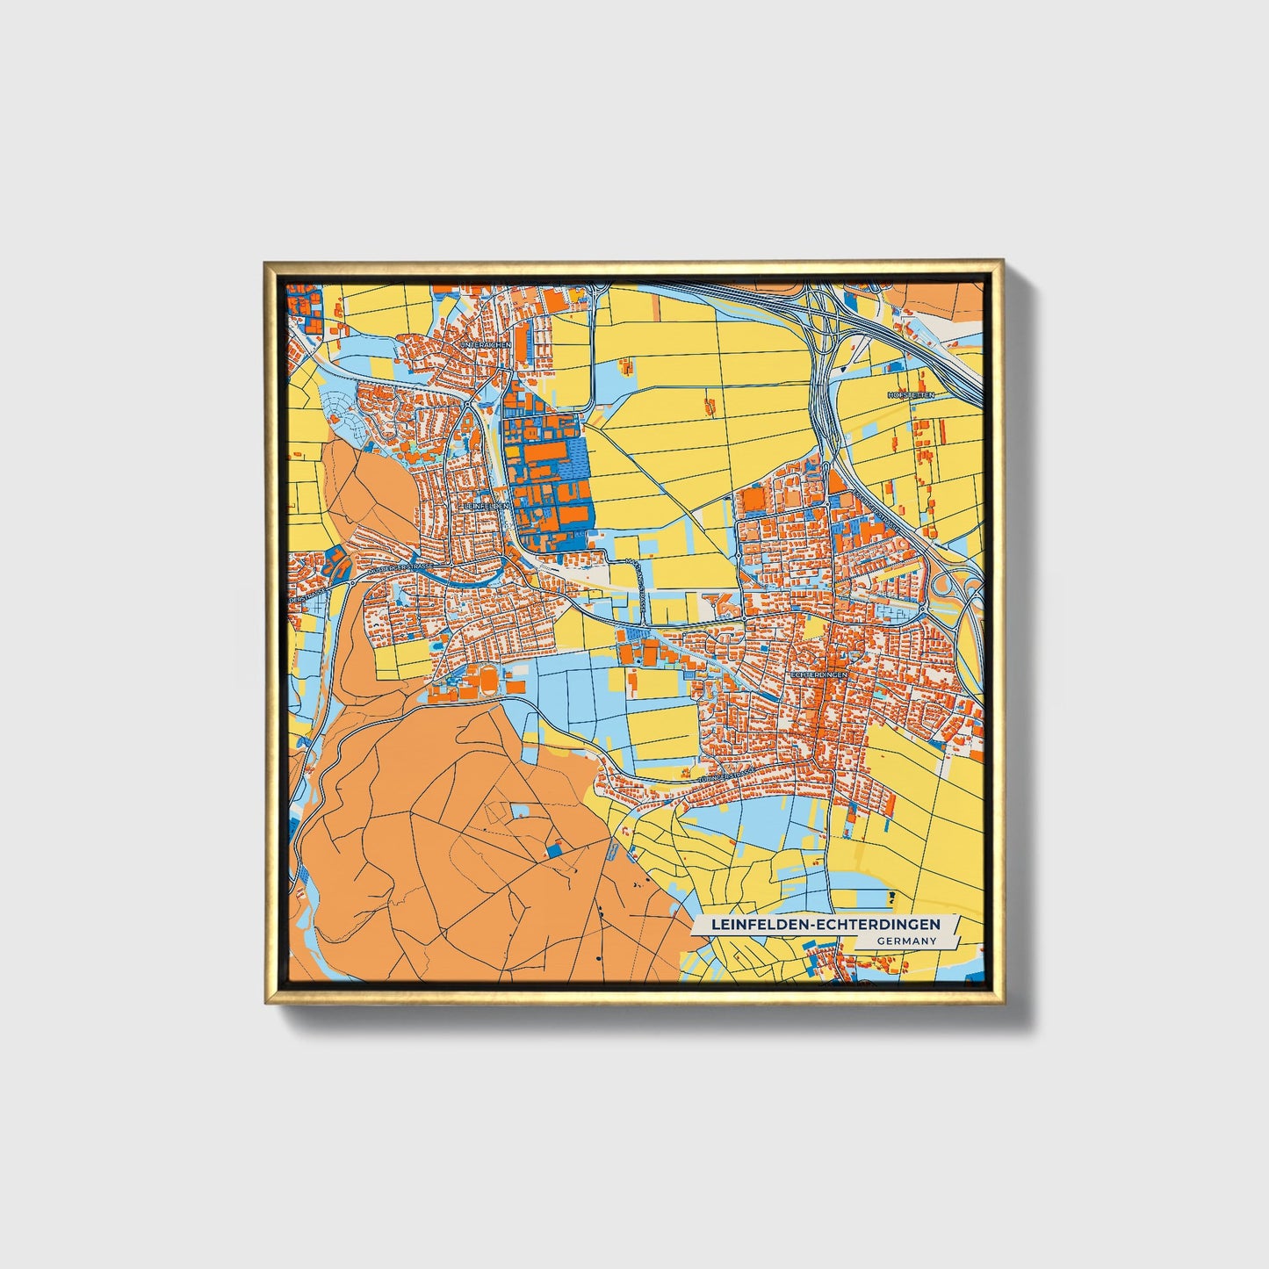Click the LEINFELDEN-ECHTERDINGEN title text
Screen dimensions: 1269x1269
tap(825, 925)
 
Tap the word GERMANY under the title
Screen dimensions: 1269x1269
tap(905, 941)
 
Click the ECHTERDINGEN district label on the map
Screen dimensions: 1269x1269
tap(818, 674)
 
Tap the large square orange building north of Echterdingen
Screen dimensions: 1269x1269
tap(753, 501)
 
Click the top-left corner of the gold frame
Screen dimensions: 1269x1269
tap(266, 263)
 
